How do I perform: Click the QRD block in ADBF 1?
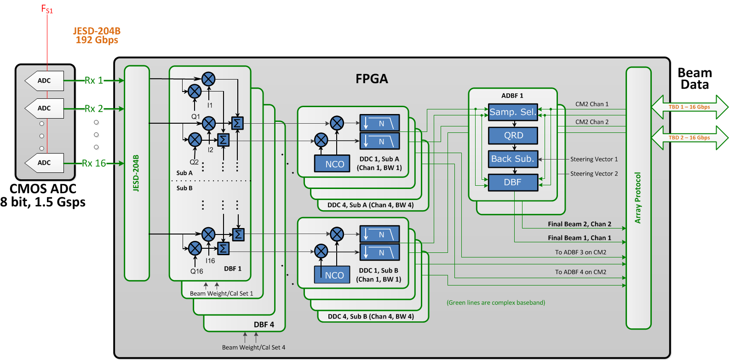[513, 136]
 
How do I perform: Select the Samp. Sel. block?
[513, 112]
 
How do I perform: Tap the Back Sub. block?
[513, 159]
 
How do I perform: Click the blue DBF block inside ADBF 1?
[513, 183]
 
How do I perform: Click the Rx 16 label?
[94, 163]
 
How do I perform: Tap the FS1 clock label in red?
[47, 9]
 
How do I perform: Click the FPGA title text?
[372, 79]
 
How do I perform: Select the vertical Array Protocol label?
[638, 198]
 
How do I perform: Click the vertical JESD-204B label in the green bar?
[136, 173]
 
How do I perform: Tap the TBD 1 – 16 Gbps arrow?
[689, 107]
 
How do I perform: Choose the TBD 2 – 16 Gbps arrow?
[689, 138]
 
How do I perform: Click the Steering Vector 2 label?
[594, 174]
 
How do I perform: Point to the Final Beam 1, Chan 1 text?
[579, 238]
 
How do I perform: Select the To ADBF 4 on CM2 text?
[580, 272]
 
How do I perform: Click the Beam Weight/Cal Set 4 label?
[253, 347]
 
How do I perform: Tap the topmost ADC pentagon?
[44, 81]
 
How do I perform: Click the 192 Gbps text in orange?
[97, 40]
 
